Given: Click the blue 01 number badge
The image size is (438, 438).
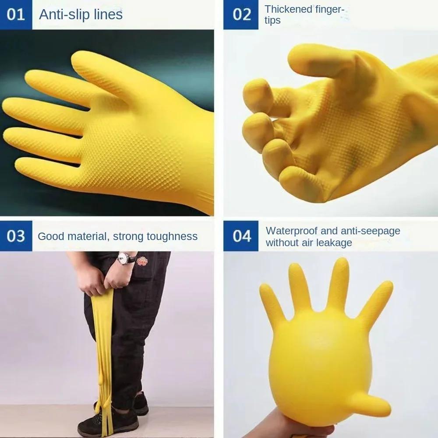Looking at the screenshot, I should click(x=16, y=14).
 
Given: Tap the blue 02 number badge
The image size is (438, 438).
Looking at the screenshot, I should click(x=241, y=14).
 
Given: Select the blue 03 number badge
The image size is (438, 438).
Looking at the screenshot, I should click(x=16, y=236).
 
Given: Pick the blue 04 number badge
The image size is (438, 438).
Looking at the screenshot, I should click(x=241, y=236).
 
